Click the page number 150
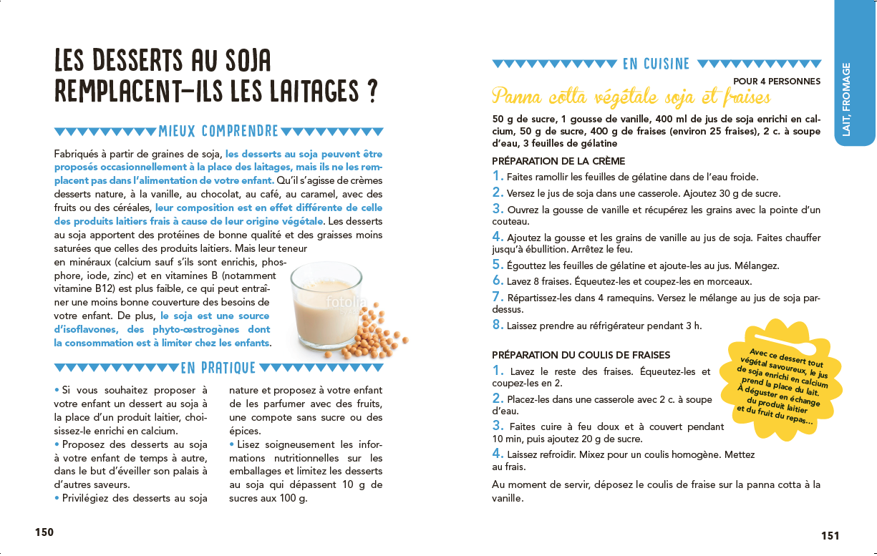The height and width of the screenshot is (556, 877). coord(44,532)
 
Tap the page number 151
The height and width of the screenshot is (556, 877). coord(830,535)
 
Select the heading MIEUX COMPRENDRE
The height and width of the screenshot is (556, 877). coord(218,131)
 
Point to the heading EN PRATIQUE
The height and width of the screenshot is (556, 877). coord(218,368)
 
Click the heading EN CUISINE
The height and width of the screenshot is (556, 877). coord(656,64)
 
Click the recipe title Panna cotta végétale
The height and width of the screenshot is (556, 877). coord(631,97)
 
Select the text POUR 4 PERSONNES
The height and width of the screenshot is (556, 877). coord(777,82)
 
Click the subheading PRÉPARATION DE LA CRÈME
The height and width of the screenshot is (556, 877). coord(558,161)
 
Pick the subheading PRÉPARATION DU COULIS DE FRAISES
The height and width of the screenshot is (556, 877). coord(581,355)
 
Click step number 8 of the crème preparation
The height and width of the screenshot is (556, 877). coord(498,325)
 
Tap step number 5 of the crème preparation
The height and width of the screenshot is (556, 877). coord(498,265)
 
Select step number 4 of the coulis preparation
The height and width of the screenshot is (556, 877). coord(498,454)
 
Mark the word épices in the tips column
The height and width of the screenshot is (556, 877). coord(244,431)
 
